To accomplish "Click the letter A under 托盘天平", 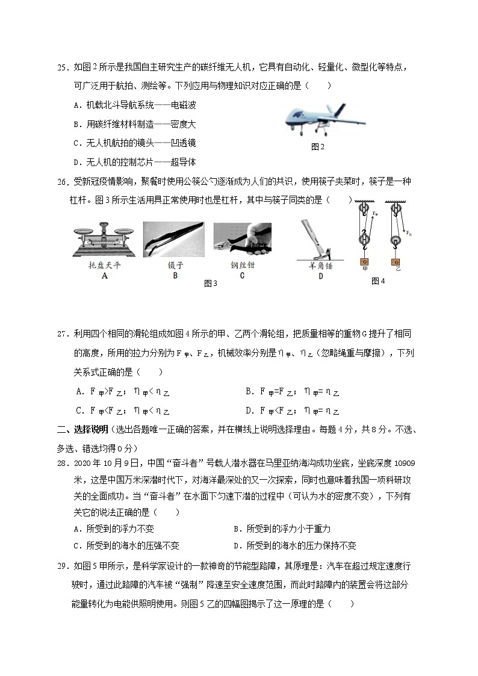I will [x=105, y=276].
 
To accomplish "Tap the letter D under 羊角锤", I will [x=320, y=276].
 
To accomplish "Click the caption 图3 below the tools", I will [x=210, y=284].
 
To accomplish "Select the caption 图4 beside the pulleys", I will [x=378, y=281].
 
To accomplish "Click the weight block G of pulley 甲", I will [x=365, y=262].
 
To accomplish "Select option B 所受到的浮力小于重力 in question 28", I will [x=282, y=529].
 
